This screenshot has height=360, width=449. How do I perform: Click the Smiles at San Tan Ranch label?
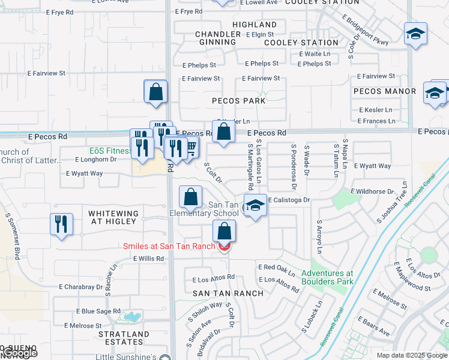(x=170, y=246)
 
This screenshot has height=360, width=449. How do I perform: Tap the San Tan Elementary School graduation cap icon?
(x=255, y=206)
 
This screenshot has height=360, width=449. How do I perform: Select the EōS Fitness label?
(x=111, y=151)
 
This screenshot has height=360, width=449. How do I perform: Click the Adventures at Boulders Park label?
(x=332, y=277)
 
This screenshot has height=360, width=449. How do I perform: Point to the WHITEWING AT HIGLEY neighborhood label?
(x=113, y=217)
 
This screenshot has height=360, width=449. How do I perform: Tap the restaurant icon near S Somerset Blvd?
(x=61, y=224)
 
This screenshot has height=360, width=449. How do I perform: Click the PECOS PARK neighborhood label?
(x=238, y=101)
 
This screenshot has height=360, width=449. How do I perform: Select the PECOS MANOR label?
(x=385, y=91)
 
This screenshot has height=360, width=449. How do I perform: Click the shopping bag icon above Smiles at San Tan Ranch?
(x=224, y=231)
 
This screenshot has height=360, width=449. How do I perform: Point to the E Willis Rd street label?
(x=148, y=259)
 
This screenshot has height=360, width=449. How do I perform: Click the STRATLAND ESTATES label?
(x=123, y=338)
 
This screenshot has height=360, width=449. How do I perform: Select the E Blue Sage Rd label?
(x=98, y=311)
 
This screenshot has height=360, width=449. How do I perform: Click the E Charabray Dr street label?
(x=81, y=287)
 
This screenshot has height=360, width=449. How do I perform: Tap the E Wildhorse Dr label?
(x=374, y=192)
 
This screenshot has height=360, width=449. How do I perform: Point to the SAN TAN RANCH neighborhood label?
(x=228, y=293)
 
